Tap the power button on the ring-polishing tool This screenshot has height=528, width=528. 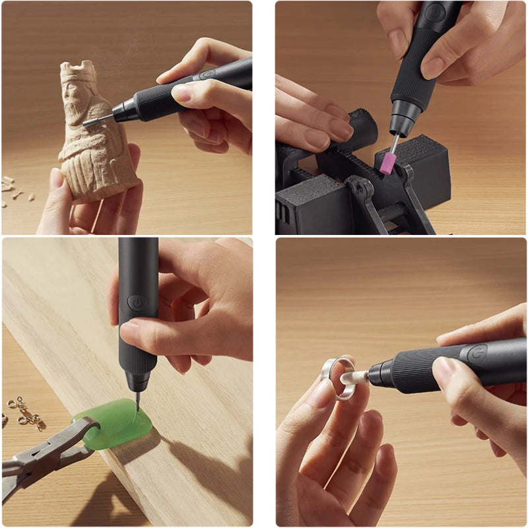[x=477, y=354]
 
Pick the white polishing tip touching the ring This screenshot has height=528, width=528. [x=354, y=378]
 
